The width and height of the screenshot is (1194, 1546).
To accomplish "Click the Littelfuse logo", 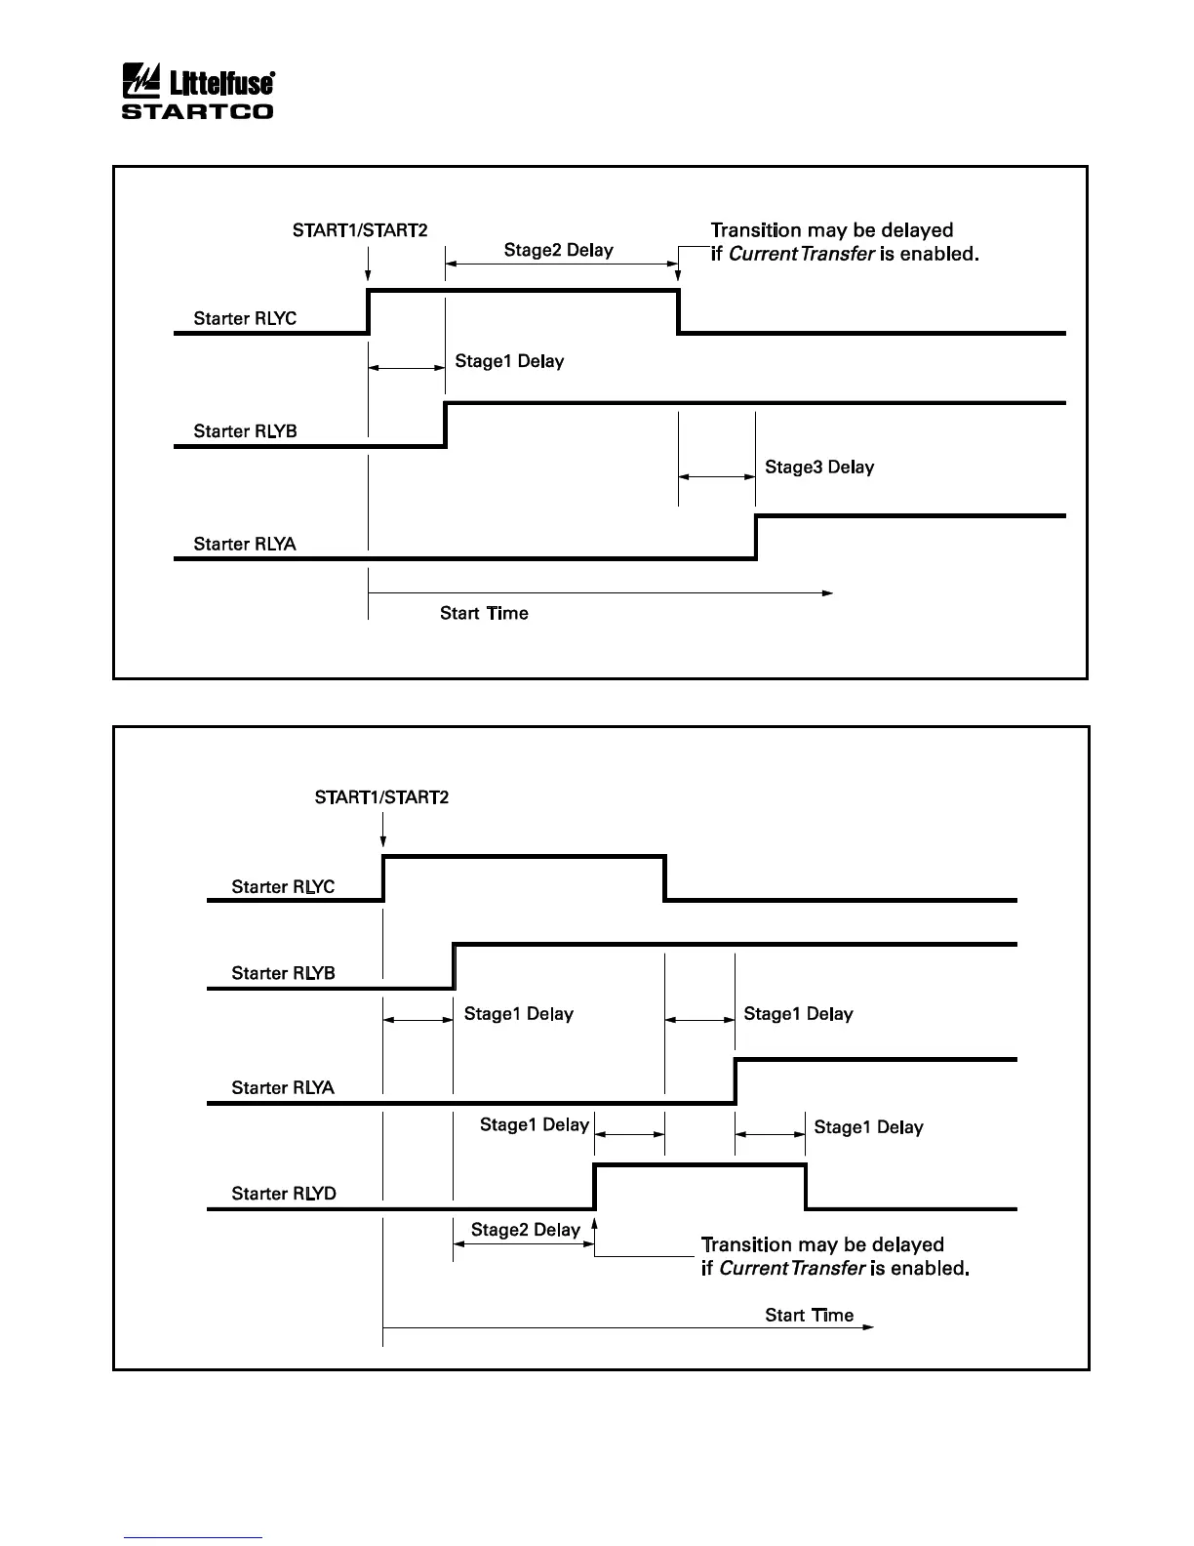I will click(197, 81).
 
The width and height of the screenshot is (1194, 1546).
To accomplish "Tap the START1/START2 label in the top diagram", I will click(360, 230).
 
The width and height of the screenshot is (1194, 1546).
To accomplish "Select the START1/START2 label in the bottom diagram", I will click(381, 797).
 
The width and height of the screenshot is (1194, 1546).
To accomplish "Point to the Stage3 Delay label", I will click(819, 467).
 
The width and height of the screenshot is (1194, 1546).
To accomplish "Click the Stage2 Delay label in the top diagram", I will click(558, 250).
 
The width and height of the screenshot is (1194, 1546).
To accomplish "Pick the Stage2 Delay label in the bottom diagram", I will click(525, 1230).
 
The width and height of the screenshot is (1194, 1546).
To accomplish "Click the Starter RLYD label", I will click(284, 1193).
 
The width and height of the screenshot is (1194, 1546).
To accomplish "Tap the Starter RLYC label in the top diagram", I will click(245, 318).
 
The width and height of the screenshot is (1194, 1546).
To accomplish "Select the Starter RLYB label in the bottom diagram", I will click(283, 973).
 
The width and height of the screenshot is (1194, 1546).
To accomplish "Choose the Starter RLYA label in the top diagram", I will click(245, 544).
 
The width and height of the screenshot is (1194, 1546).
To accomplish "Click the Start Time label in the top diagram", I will click(484, 613).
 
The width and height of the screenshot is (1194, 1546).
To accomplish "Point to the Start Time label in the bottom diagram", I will click(809, 1315).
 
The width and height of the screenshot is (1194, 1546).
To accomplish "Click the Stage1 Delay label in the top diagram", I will click(509, 361).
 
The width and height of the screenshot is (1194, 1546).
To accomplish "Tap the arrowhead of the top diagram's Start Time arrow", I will click(828, 592).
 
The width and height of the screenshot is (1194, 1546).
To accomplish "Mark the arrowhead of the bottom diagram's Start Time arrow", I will click(869, 1327).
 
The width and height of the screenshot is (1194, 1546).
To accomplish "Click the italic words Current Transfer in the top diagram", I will click(801, 254).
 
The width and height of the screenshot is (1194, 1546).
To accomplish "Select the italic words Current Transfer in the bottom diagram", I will click(791, 1268).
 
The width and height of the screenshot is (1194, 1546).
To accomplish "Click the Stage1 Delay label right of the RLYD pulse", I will click(868, 1127).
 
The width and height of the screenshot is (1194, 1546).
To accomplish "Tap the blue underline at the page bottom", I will click(193, 1537).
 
